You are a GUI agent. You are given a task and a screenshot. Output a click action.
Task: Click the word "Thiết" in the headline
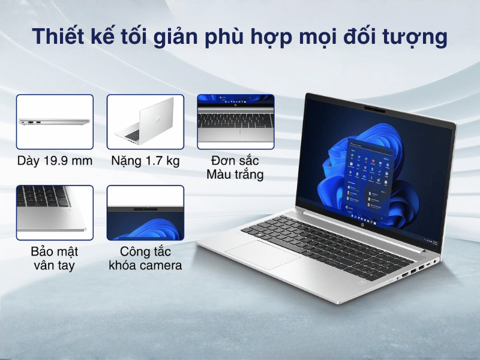pyautogui.click(x=58, y=36)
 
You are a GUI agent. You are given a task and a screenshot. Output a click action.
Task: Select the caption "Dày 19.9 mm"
pyautogui.click(x=55, y=161)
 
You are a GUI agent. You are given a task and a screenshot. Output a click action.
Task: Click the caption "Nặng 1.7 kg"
pyautogui.click(x=145, y=161)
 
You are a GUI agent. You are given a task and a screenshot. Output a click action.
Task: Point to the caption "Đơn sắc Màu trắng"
pyautogui.click(x=235, y=167)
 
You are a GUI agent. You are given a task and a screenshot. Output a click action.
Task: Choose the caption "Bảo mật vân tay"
pyautogui.click(x=55, y=259)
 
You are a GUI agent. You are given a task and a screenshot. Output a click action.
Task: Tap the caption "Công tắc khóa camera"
pyautogui.click(x=145, y=259)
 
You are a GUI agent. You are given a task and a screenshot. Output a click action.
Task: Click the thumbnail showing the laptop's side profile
pyautogui.click(x=55, y=122)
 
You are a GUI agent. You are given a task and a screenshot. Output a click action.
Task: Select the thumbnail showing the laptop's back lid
pyautogui.click(x=145, y=122)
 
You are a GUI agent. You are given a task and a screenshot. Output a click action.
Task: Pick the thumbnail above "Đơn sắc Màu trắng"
pyautogui.click(x=236, y=122)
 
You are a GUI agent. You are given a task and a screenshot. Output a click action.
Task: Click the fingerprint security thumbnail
pyautogui.click(x=55, y=213)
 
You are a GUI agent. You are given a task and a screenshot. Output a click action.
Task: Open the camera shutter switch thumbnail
pyautogui.click(x=145, y=213)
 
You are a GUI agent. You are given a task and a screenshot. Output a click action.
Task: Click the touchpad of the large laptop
pyautogui.click(x=263, y=254)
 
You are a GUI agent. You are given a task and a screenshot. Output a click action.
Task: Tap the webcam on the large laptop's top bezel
pyautogui.click(x=374, y=109)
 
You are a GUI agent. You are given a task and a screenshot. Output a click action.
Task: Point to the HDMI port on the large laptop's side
pyautogui.click(x=405, y=275)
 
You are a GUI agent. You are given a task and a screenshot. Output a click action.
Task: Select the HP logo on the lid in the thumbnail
pyautogui.click(x=158, y=119)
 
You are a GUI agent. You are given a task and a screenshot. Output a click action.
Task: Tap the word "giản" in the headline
pyautogui.click(x=175, y=38)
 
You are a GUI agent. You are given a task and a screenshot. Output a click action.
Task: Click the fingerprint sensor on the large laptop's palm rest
pyautogui.click(x=362, y=281)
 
